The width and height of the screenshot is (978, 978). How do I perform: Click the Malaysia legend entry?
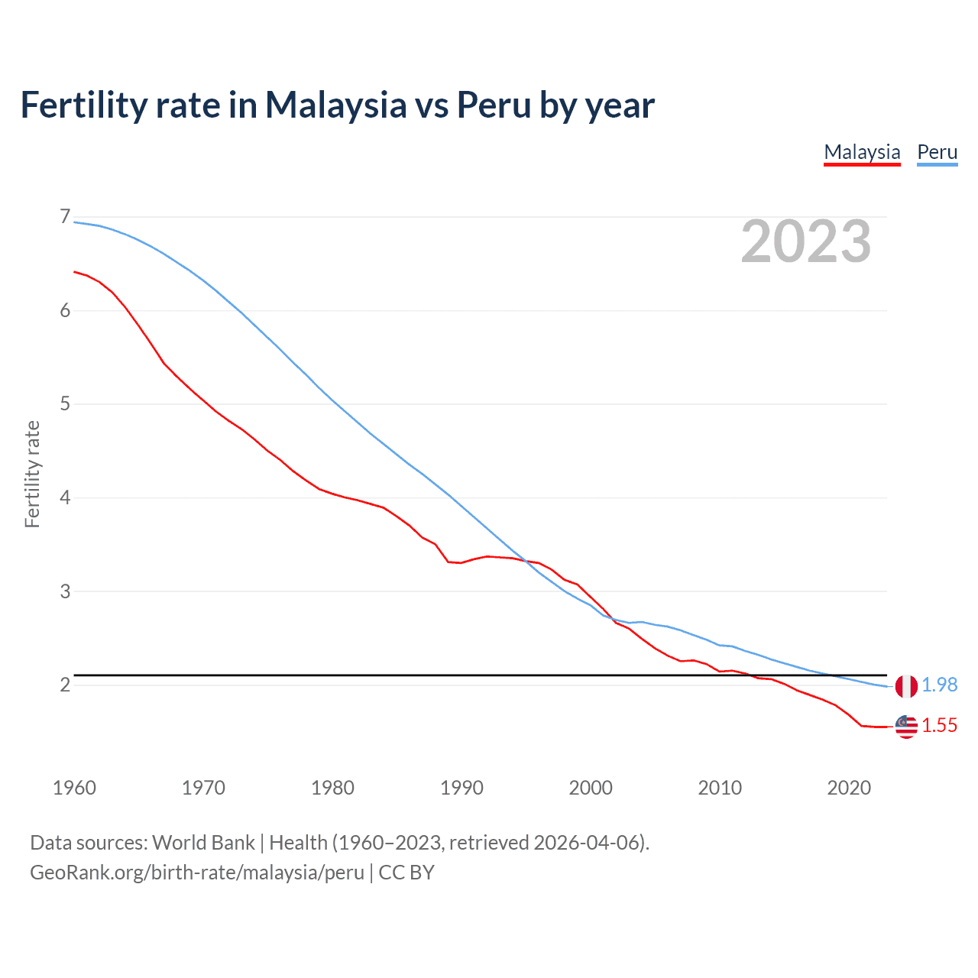862,152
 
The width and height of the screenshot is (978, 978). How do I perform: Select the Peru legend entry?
937,152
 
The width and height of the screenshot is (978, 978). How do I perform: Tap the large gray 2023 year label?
806,241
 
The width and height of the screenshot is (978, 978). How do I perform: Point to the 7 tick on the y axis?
65,217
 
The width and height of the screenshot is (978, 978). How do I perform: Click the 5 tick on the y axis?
65,403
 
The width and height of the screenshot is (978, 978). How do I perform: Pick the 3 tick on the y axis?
65,591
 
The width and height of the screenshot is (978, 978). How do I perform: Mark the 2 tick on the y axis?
65,685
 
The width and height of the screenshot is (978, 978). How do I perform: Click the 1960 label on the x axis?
74,788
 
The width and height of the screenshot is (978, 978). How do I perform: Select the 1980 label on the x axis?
332,788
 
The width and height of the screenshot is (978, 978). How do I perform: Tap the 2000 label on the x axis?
591,788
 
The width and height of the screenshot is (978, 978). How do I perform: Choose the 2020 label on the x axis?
849,788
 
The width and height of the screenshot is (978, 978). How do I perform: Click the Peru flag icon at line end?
906,686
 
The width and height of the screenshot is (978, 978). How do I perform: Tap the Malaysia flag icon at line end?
906,727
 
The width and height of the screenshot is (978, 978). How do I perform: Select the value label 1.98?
939,685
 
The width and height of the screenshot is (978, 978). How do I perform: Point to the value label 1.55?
939,726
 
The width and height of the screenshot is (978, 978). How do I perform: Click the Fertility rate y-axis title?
32,474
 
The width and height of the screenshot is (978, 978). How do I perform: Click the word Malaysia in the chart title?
335,105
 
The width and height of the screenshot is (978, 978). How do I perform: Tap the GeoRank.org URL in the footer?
197,873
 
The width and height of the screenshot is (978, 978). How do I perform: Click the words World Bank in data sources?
203,843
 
